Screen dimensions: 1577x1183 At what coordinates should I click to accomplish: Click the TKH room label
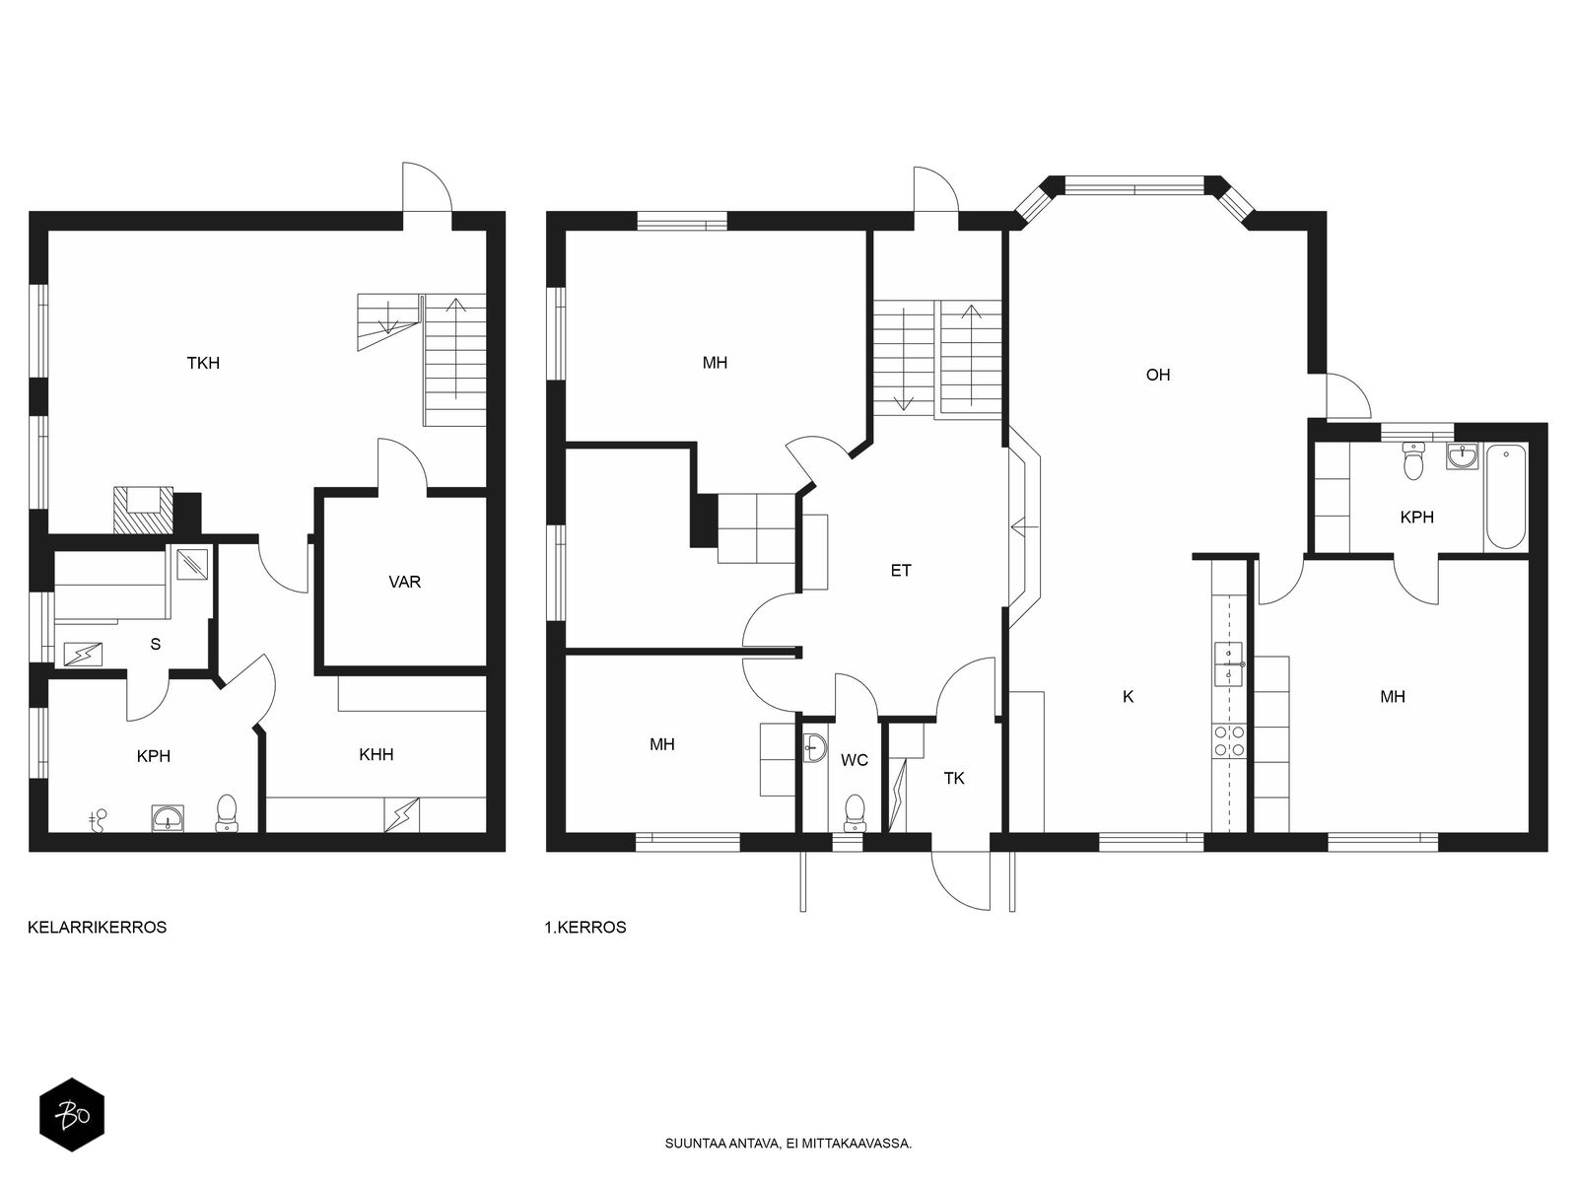pos(203,364)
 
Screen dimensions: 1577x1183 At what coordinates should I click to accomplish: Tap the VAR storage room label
pos(404,582)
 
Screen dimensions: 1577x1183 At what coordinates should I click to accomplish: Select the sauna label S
pos(155,645)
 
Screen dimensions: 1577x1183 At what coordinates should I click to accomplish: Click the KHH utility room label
pos(376,754)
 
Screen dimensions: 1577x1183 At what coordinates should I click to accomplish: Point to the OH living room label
pos(1157,375)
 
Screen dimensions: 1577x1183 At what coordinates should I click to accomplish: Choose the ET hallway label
pos(901,571)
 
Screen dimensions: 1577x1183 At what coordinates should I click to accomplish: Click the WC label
pos(855,760)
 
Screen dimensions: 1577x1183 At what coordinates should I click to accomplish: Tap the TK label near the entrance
pos(954,779)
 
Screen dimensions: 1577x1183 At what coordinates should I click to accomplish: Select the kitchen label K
pos(1128,696)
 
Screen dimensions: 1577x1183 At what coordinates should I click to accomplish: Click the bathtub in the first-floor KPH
pos(1505,497)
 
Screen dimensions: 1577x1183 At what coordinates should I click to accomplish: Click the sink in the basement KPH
pos(168,818)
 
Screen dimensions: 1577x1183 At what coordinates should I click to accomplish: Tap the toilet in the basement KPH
pos(227,813)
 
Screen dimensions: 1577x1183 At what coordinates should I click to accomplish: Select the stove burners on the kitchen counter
pos(1229,741)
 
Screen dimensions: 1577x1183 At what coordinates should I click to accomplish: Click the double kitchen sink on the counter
pos(1229,664)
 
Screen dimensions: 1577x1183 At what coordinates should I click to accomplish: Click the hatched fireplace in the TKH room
pos(144,511)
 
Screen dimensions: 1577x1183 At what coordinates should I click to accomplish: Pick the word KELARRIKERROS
pos(97,928)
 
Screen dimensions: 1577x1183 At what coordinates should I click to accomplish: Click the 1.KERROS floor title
pos(584,928)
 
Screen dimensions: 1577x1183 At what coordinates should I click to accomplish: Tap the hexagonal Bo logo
pos(72,1116)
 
